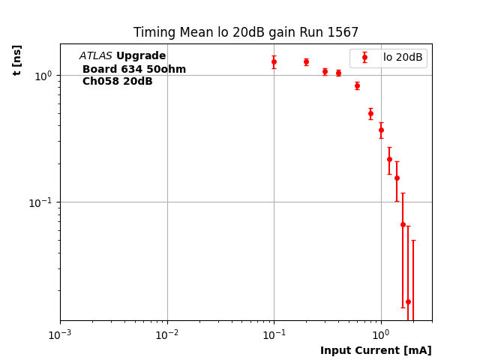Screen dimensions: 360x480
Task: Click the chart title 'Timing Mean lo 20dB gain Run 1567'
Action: (246, 32)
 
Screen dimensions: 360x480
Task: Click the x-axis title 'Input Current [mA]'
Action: (376, 350)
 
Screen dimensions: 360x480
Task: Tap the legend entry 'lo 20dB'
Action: (403, 57)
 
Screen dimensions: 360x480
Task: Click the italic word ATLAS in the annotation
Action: (95, 56)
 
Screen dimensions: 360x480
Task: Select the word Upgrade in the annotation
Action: (141, 56)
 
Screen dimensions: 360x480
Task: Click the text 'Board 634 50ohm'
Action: (134, 69)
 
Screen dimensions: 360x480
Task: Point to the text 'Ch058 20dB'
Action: (118, 81)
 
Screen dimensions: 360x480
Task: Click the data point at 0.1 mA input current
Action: (274, 61)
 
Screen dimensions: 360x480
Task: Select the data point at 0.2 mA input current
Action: (306, 61)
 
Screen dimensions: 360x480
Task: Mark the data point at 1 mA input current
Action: (381, 130)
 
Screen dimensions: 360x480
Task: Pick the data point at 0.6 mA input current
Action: (357, 85)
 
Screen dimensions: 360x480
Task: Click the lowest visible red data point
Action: (408, 301)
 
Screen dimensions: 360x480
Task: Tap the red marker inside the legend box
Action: (364, 57)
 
